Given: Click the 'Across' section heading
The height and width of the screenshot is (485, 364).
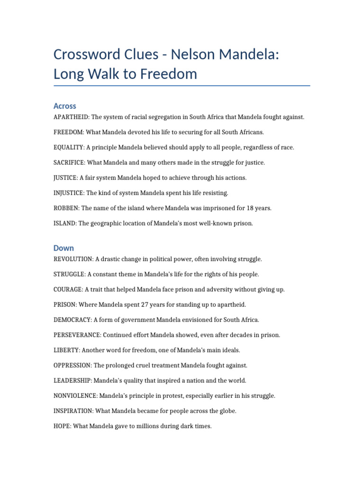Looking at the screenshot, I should [x=65, y=106].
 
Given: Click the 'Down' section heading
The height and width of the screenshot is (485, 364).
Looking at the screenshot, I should [x=64, y=248].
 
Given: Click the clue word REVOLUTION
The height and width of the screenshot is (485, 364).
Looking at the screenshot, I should [x=73, y=259].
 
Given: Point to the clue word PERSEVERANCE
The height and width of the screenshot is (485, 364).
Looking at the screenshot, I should [x=77, y=335].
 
